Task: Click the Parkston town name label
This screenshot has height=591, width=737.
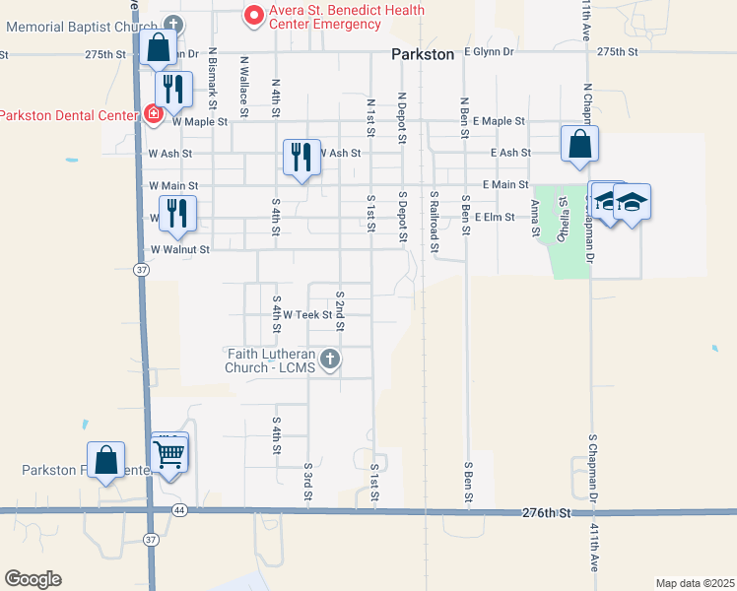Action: pos(423,55)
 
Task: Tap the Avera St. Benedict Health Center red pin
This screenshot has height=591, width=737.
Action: pos(253,15)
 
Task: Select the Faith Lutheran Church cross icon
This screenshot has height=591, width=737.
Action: pos(330,360)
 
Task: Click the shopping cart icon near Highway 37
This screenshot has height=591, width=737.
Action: pos(169,454)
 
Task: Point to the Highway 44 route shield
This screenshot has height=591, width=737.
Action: pos(178,510)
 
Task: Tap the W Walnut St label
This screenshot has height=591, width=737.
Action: pos(179,250)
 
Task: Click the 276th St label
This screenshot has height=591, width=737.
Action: pos(546,514)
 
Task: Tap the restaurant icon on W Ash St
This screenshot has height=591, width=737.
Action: pos(301,156)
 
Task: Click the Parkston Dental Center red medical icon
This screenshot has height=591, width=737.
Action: pos(154,115)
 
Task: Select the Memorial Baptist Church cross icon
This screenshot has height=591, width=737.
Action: pos(173,24)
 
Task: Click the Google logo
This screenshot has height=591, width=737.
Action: pos(33,579)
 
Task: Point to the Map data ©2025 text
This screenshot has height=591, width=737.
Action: pos(694,583)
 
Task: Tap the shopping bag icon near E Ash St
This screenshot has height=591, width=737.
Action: pos(579,144)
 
